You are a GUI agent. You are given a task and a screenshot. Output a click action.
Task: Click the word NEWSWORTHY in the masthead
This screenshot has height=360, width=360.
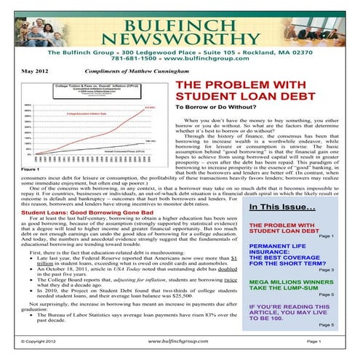(x=179, y=35)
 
